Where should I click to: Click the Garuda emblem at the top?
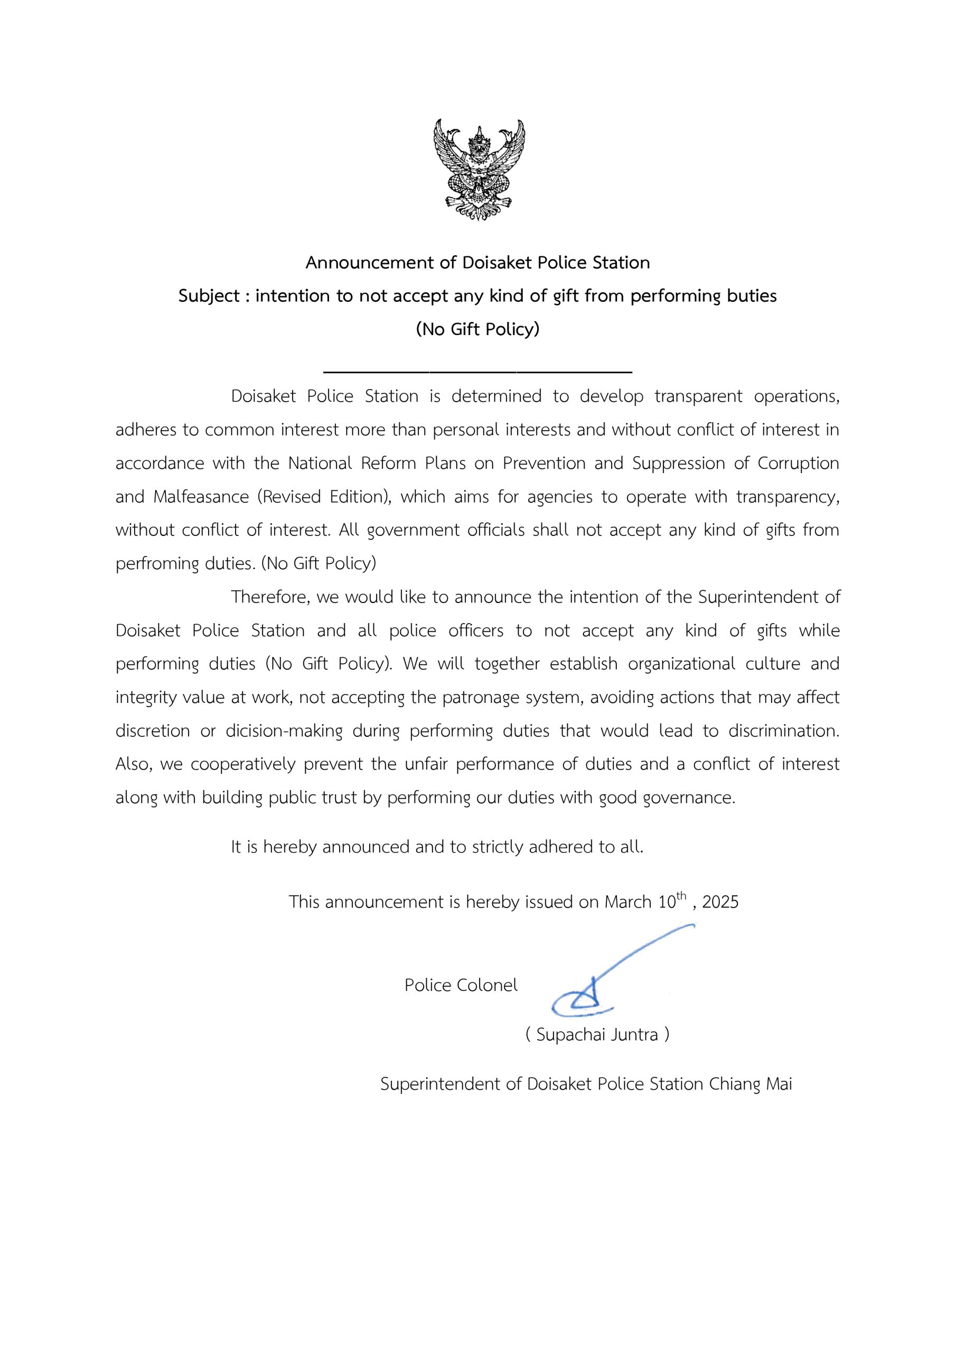point(479,170)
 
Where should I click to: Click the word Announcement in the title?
point(370,263)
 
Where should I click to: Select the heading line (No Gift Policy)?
point(477,329)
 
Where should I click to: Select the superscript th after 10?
point(681,896)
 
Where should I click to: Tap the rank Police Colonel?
point(461,985)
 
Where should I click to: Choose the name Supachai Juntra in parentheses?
point(597,1035)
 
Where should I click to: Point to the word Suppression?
point(679,463)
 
